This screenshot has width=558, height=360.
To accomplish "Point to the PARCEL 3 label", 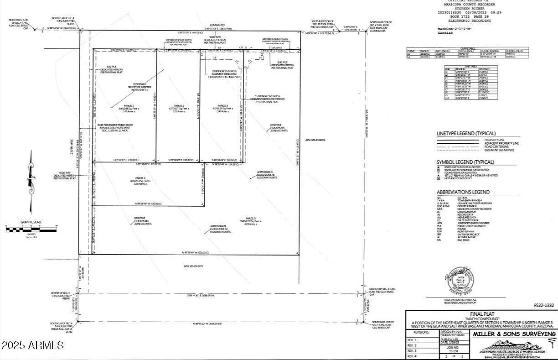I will (222, 105).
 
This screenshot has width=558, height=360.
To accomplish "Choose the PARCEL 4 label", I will (140, 178).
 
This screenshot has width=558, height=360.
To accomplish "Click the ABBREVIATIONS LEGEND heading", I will (463, 192).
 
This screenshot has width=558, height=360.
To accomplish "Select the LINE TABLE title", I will (471, 66).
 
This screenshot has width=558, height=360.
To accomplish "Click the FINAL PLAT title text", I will (480, 313).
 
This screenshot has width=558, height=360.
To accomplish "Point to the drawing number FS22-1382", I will (544, 305).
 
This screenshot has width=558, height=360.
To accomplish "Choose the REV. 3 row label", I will (412, 351).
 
